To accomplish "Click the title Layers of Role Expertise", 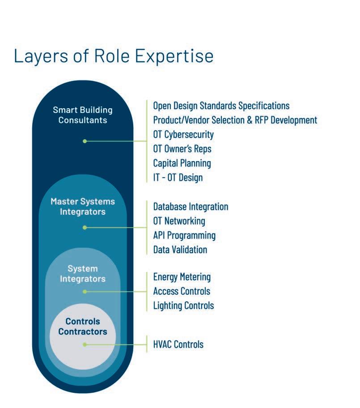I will coord(114,56).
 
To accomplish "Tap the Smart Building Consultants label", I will coord(83,115).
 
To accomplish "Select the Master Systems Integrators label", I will coord(83,207).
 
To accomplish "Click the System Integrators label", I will coord(83,273).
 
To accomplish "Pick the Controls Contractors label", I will coord(83,327).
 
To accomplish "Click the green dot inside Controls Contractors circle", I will coord(85,344).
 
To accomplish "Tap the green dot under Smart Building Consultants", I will coord(85,141).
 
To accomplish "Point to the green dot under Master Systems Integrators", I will coord(85,227).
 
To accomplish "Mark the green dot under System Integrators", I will coord(85,291).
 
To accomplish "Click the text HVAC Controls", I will coord(178,344).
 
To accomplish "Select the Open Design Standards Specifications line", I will coord(221,106).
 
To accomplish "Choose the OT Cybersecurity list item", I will coord(183,134).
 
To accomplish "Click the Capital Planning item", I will coord(182,163).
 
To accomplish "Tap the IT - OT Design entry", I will coord(178,177).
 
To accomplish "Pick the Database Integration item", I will coord(191,207).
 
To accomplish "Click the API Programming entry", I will coord(184,235).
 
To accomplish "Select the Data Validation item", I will coord(180,250).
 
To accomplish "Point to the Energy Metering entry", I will coord(182,277).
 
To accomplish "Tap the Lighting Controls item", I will coord(183,306).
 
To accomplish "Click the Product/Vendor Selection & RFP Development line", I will coord(235,120).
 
